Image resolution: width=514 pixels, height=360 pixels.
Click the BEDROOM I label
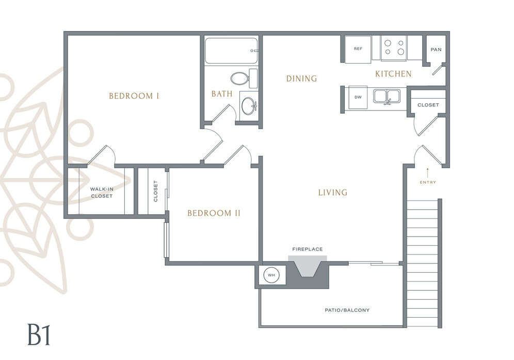tap(134, 96)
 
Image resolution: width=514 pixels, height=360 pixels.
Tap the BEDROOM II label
tap(214, 213)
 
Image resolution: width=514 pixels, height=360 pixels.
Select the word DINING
tap(301, 79)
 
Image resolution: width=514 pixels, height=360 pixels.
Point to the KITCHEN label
tap(393, 74)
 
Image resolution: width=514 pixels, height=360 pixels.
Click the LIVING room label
tap(333, 192)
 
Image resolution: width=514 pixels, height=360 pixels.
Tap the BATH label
tap(222, 94)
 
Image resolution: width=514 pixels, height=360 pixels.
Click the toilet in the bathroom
tap(244, 79)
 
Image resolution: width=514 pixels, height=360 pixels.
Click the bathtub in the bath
tap(231, 51)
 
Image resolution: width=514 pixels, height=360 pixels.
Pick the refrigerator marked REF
tap(358, 49)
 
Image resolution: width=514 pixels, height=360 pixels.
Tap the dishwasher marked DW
tap(358, 97)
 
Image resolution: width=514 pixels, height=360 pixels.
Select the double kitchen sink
tap(387, 96)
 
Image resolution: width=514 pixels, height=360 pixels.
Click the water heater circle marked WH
tap(271, 275)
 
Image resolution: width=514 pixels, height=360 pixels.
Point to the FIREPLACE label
tap(308, 249)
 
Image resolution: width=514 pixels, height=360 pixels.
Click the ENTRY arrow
tap(427, 173)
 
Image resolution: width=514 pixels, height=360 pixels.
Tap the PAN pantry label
tap(436, 50)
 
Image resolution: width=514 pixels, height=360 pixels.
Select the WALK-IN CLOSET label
tap(102, 193)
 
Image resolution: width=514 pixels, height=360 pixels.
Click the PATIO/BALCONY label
tap(347, 310)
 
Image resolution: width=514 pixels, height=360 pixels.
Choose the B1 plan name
tap(39, 335)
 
